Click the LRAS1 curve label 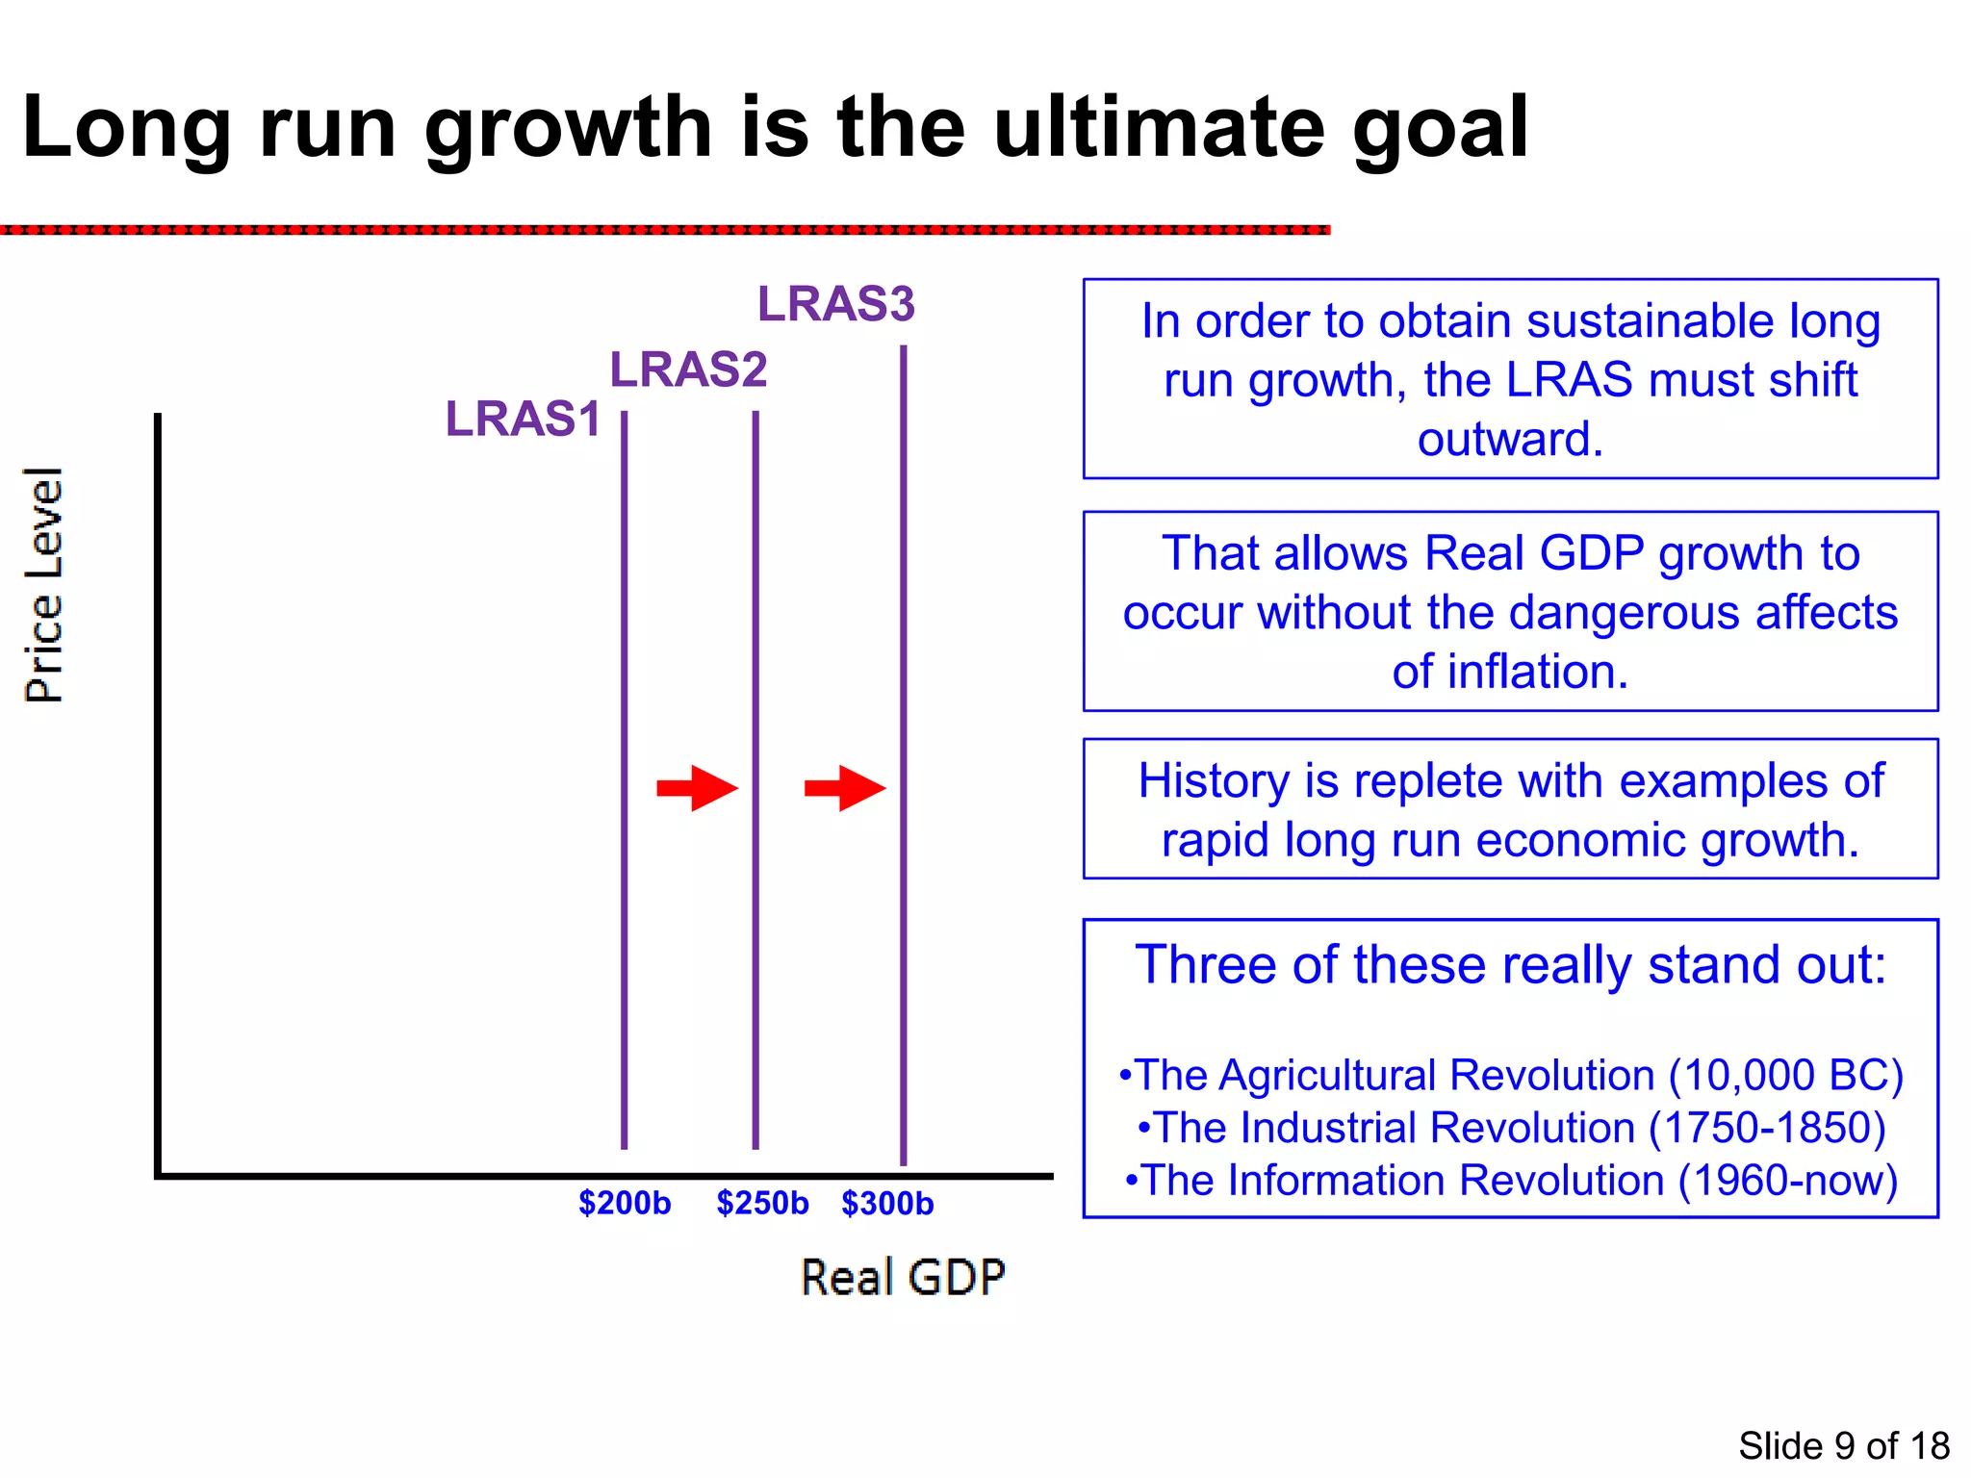click(523, 420)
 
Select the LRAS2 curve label click(688, 369)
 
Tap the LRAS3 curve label click(835, 304)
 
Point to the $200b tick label click(624, 1203)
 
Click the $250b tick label click(762, 1203)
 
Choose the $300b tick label click(887, 1203)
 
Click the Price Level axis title click(43, 585)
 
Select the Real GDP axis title click(903, 1278)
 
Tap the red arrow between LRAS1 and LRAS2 click(697, 788)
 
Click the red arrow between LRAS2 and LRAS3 click(844, 788)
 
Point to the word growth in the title click(568, 127)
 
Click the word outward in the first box click(1509, 439)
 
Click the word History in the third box click(1213, 780)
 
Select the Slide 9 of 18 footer click(1843, 1445)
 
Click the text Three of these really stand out click(1509, 964)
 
